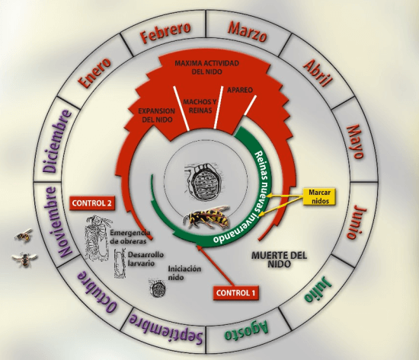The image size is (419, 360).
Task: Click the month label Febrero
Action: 165,33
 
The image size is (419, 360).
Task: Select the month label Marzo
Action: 248,32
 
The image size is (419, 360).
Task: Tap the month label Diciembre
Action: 57,142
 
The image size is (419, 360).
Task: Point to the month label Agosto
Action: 246,330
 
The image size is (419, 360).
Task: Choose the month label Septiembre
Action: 166,328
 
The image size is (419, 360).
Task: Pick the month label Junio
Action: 357,221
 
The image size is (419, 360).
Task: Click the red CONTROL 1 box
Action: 235,293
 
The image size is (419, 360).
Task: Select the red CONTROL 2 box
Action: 92,203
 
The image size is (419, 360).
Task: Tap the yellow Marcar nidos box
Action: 319,196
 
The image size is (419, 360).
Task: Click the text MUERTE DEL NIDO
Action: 280,260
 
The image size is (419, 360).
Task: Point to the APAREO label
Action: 240,90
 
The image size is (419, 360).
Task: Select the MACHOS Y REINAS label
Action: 200,106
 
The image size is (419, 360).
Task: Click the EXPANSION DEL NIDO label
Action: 157,115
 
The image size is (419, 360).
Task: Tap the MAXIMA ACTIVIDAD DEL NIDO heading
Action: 206,67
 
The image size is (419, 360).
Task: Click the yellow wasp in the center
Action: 206,217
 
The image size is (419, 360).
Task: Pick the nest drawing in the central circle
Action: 204,183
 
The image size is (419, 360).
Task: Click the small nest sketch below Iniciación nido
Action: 158,288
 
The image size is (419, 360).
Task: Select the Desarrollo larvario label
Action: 146,259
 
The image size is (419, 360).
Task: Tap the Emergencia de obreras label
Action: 130,237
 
